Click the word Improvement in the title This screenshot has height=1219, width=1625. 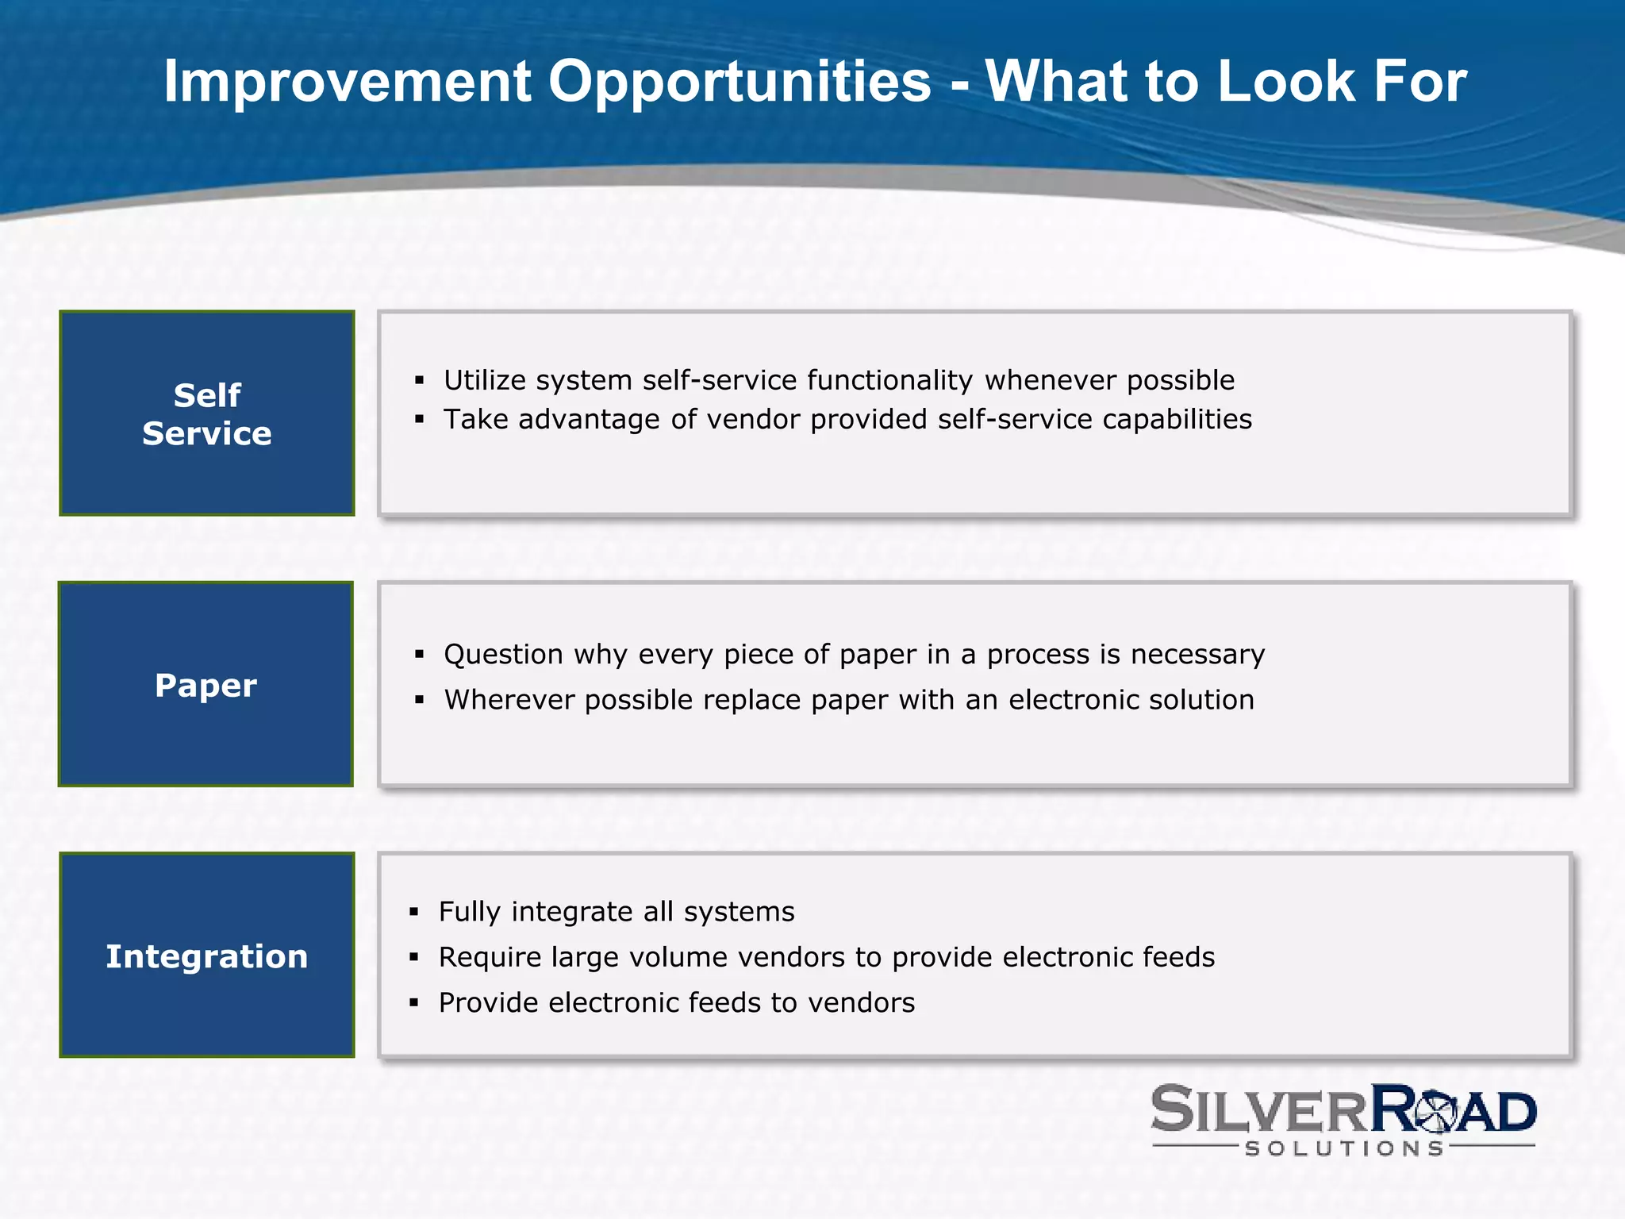click(347, 82)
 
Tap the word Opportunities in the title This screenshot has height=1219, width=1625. click(740, 82)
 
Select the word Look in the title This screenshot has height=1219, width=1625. click(1285, 82)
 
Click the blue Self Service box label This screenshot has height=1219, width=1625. click(207, 414)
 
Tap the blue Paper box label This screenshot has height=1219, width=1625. click(206, 685)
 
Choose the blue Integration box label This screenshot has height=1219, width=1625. click(207, 956)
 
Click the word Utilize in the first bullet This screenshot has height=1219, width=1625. click(484, 380)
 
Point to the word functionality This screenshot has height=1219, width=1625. click(889, 380)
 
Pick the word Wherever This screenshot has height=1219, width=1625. click(509, 700)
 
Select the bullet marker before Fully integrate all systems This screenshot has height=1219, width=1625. click(414, 913)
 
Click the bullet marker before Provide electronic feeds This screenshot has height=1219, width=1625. click(414, 1003)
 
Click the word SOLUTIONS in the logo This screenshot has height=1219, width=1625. click(1344, 1148)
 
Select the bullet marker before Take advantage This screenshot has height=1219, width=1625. click(420, 420)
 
